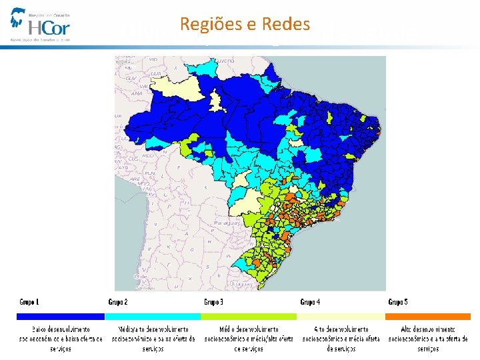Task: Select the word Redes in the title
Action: pos(286,25)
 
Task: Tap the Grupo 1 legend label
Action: pos(29,302)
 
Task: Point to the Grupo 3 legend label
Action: pos(213,302)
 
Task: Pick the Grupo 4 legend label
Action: pos(310,302)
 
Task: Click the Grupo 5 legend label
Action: pos(398,302)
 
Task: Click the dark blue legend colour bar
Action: pos(61,317)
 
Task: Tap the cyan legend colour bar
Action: pos(152,317)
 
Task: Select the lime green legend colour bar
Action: pos(248,317)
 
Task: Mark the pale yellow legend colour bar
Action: pos(341,317)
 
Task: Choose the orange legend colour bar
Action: pos(429,317)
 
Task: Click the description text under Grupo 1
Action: pos(61,339)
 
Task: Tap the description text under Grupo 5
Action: pos(429,339)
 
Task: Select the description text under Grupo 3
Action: pos(248,339)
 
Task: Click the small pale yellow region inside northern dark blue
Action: pos(216,101)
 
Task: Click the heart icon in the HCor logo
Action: pos(18,20)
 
